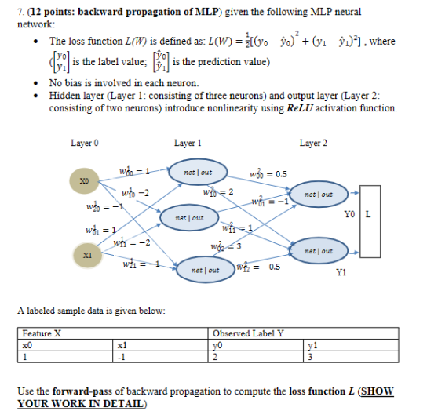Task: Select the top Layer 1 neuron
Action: (x=193, y=172)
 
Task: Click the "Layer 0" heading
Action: (x=84, y=144)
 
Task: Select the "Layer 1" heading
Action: (x=188, y=144)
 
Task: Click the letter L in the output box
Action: (x=368, y=214)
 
